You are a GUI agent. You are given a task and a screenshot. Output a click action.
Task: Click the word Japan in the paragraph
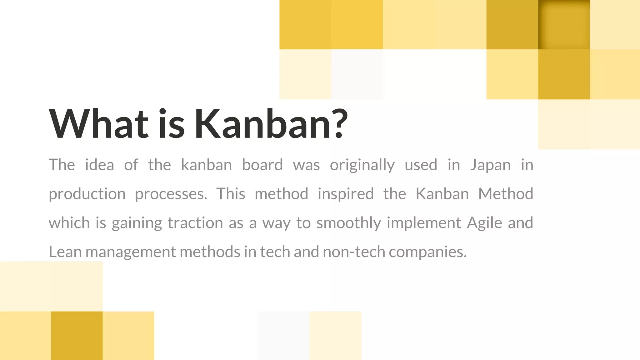[490, 165]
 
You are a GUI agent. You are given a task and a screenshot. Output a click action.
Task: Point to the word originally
[362, 165]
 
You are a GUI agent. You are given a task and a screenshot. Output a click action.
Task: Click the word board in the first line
[262, 165]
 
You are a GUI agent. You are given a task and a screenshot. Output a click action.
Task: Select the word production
[87, 194]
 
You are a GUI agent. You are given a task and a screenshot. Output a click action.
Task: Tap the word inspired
[346, 194]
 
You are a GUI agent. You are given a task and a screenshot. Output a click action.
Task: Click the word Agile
[484, 223]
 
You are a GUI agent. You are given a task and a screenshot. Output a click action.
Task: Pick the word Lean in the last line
[65, 252]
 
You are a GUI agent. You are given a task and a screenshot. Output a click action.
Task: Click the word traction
[195, 223]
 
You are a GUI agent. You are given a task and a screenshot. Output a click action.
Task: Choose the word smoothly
[348, 223]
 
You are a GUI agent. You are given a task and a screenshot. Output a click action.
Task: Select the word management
[131, 252]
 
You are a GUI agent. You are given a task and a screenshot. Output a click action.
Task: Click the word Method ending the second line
[506, 194]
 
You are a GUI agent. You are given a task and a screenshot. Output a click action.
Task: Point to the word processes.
[171, 194]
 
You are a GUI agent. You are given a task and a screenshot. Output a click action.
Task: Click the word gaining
[137, 223]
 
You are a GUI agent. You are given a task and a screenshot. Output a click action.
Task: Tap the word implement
[424, 223]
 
